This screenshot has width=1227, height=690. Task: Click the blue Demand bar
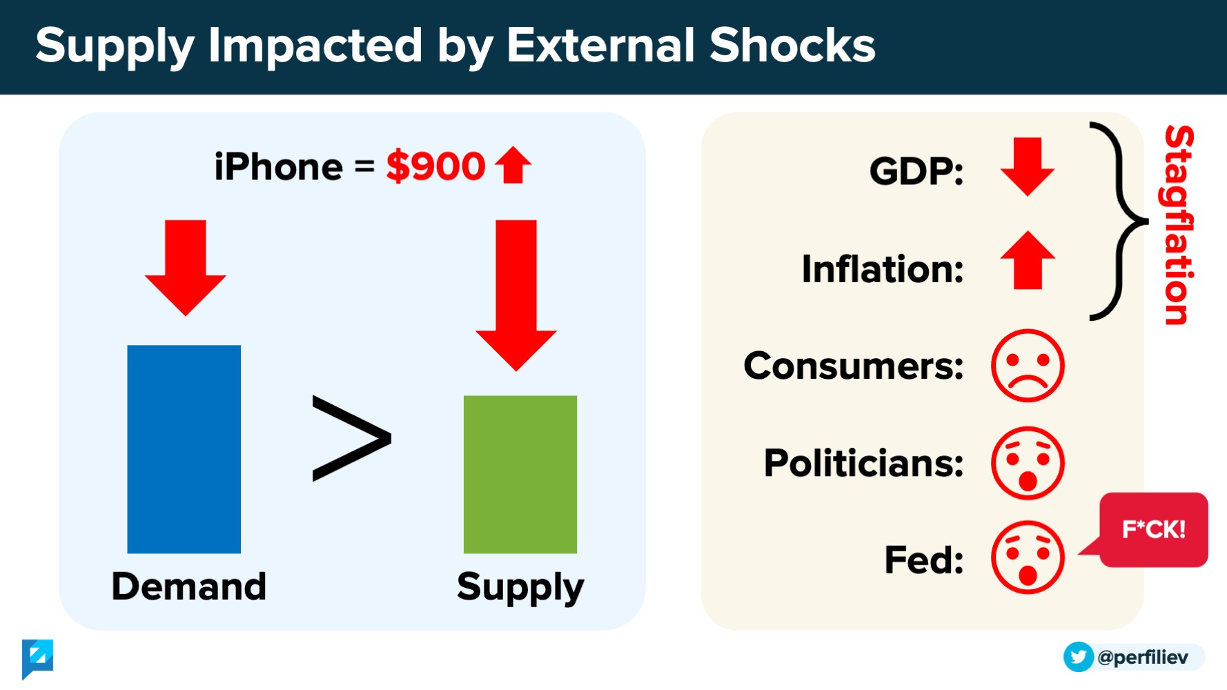pyautogui.click(x=184, y=449)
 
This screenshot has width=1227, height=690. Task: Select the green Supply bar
pyautogui.click(x=520, y=474)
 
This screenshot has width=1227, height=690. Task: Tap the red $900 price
pyautogui.click(x=435, y=166)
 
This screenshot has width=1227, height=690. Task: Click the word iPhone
pyautogui.click(x=278, y=167)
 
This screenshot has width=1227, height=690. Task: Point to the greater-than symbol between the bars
pyautogui.click(x=352, y=438)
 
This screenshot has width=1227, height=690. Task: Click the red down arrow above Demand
pyautogui.click(x=186, y=268)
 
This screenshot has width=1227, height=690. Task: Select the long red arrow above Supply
pyautogui.click(x=516, y=295)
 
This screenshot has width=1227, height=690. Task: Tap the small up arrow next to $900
pyautogui.click(x=513, y=165)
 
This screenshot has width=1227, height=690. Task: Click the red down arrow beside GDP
pyautogui.click(x=1028, y=167)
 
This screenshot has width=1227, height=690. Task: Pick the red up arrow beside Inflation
pyautogui.click(x=1028, y=260)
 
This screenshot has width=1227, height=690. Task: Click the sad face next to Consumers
pyautogui.click(x=1028, y=366)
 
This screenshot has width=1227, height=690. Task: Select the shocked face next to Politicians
pyautogui.click(x=1028, y=463)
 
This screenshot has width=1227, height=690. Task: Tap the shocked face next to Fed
pyautogui.click(x=1028, y=558)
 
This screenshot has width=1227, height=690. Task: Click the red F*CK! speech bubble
pyautogui.click(x=1153, y=529)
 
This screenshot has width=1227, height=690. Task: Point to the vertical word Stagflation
pyautogui.click(x=1179, y=225)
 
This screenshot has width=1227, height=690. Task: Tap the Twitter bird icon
pyautogui.click(x=1079, y=657)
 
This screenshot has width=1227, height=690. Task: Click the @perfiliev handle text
pyautogui.click(x=1143, y=657)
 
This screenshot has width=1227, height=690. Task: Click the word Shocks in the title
pyautogui.click(x=792, y=46)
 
